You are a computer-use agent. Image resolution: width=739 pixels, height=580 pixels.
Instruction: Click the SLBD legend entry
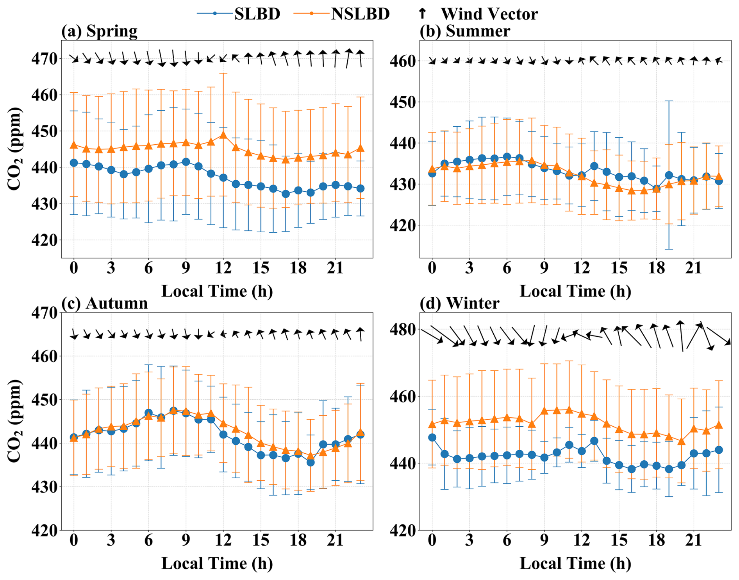click(x=239, y=14)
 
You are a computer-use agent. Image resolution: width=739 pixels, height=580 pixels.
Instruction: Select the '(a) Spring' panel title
click(x=99, y=31)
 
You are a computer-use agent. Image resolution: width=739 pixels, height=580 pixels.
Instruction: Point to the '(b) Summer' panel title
click(x=464, y=31)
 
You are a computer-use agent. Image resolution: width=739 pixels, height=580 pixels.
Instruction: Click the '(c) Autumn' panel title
click(x=104, y=303)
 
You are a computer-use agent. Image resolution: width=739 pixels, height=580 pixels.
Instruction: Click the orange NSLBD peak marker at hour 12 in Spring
click(x=223, y=135)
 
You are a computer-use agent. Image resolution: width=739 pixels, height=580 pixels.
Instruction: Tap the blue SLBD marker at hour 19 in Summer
click(x=669, y=175)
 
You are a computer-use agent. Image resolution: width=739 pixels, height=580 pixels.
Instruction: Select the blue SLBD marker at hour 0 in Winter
click(x=432, y=437)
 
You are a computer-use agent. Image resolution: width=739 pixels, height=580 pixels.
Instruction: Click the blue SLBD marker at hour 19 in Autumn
click(x=311, y=462)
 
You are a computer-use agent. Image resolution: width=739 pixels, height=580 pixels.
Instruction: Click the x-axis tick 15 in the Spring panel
click(x=261, y=268)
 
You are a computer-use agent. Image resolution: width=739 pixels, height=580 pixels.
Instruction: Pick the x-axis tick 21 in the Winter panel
click(x=694, y=540)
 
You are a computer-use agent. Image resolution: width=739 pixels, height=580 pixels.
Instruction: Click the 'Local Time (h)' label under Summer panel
click(x=575, y=291)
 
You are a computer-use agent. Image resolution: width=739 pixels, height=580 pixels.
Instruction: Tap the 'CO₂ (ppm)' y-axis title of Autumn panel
click(x=14, y=420)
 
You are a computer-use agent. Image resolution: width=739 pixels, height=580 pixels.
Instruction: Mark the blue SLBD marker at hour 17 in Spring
click(x=286, y=194)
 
